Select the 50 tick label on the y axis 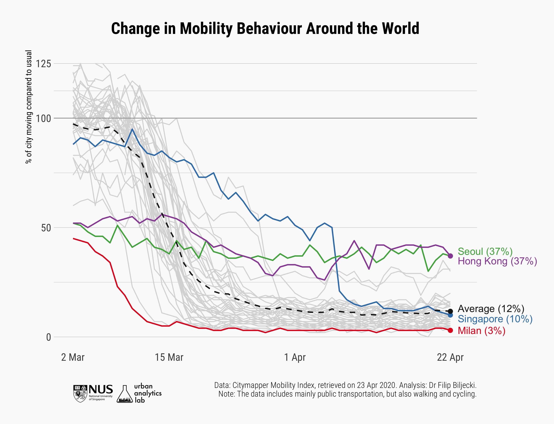click(46, 228)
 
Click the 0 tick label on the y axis click(48, 337)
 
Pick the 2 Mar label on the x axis click(73, 357)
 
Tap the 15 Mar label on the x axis click(169, 357)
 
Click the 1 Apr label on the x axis click(295, 357)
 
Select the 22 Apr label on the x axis click(450, 357)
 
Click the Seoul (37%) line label click(485, 252)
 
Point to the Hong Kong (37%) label click(497, 261)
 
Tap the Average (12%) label click(491, 309)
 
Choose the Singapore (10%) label click(495, 319)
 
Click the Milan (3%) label click(481, 331)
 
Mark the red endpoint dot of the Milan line click(450, 330)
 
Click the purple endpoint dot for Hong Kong click(450, 256)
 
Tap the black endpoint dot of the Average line click(450, 311)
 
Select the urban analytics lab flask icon click(124, 394)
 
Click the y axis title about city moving click(29, 107)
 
